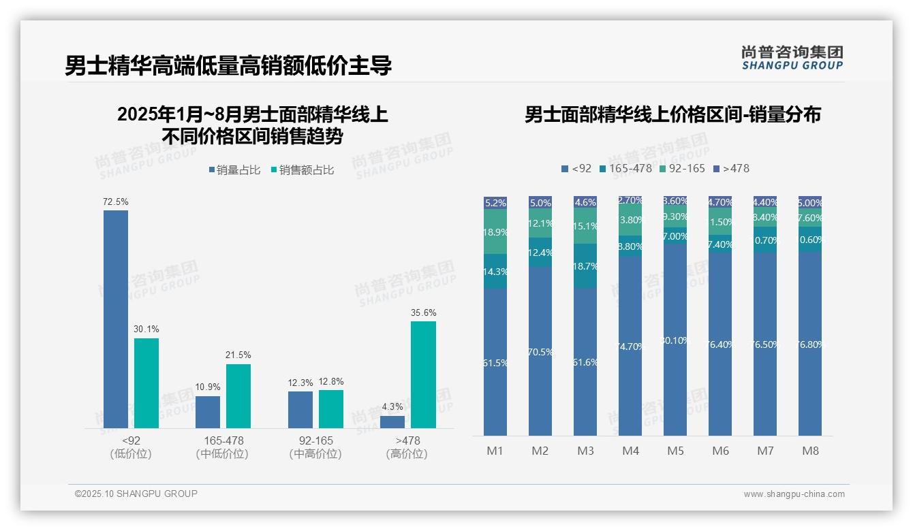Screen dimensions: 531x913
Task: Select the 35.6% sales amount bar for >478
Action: [x=423, y=374]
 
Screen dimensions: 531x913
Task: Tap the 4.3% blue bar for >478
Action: [x=392, y=421]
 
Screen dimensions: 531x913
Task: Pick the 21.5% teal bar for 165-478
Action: [x=238, y=396]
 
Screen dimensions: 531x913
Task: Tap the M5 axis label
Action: [x=675, y=451]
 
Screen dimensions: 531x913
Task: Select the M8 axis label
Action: [x=810, y=451]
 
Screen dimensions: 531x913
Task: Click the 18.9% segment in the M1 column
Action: [x=495, y=231]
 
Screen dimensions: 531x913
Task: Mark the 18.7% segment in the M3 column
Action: [x=585, y=266]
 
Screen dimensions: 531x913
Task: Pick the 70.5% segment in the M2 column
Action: [x=540, y=351]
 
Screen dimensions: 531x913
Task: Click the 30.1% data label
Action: [x=146, y=329]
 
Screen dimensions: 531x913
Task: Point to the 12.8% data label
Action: [x=330, y=381]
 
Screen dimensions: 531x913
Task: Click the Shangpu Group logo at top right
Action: [x=792, y=57]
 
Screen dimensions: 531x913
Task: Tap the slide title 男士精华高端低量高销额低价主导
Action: [x=228, y=66]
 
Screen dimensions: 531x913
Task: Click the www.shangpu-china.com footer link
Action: [x=794, y=494]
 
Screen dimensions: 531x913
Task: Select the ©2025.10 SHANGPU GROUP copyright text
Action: [x=136, y=494]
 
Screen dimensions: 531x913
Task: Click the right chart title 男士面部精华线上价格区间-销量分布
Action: [x=672, y=114]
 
